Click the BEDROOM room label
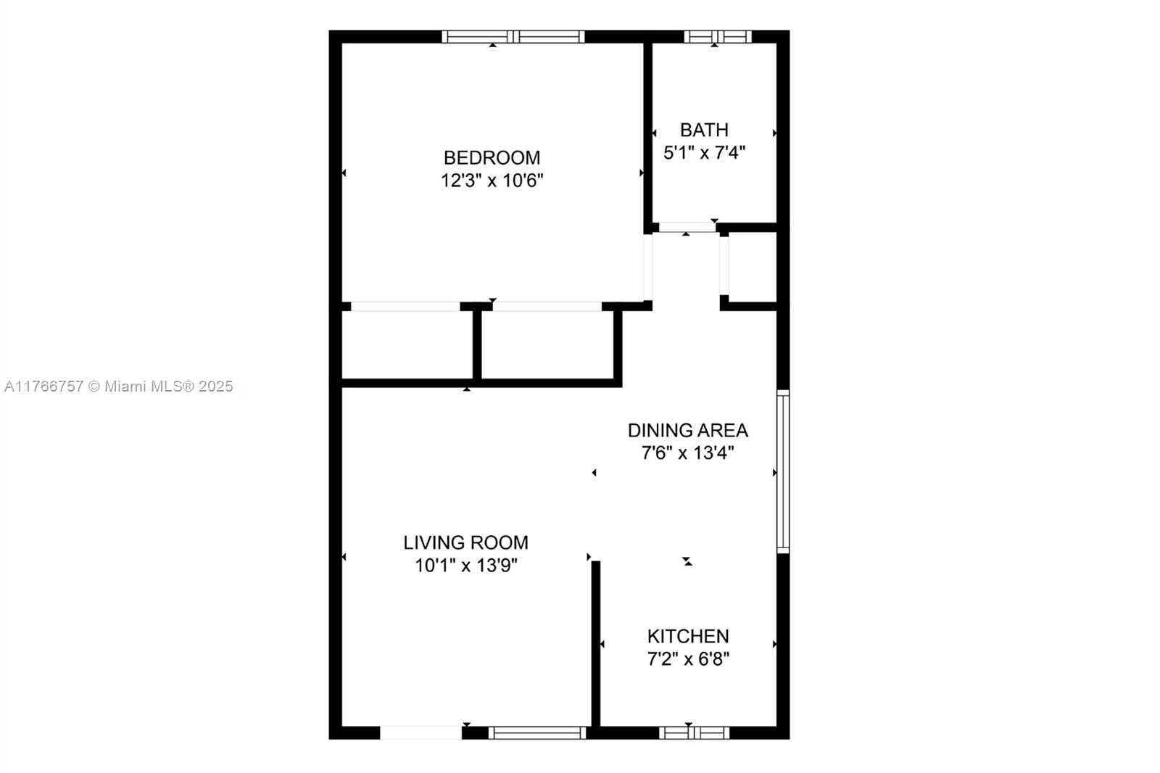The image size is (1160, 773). coord(492,157)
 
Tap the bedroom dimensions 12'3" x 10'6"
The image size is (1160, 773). coord(492,181)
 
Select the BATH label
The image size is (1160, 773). coord(704,130)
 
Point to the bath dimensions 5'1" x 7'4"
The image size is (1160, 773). coord(704,152)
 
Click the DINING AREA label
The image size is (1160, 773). coord(687,430)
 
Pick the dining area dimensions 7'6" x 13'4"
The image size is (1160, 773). coord(687,453)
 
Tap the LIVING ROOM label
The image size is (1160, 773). coord(465,542)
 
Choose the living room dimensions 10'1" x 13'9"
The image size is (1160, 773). coord(465,566)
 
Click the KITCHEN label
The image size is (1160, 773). coord(688,636)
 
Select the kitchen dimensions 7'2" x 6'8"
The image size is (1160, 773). coord(688,659)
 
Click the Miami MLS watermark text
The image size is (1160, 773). coord(119,386)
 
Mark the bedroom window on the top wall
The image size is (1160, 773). coord(513,36)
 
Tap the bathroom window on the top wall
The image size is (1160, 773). coord(718,36)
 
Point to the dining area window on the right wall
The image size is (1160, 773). coord(783,471)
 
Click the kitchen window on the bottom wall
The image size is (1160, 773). coord(694,732)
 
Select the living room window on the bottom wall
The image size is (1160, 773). coord(537,732)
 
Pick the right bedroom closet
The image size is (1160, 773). coord(547,344)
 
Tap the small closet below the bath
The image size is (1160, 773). coord(753,266)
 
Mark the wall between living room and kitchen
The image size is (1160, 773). coord(596,643)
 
